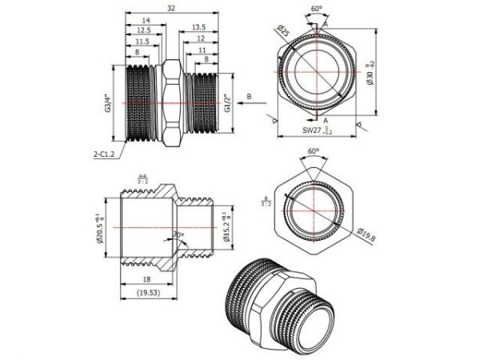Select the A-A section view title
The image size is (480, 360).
click(x=142, y=180)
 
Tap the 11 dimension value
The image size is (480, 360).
click(x=203, y=50)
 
